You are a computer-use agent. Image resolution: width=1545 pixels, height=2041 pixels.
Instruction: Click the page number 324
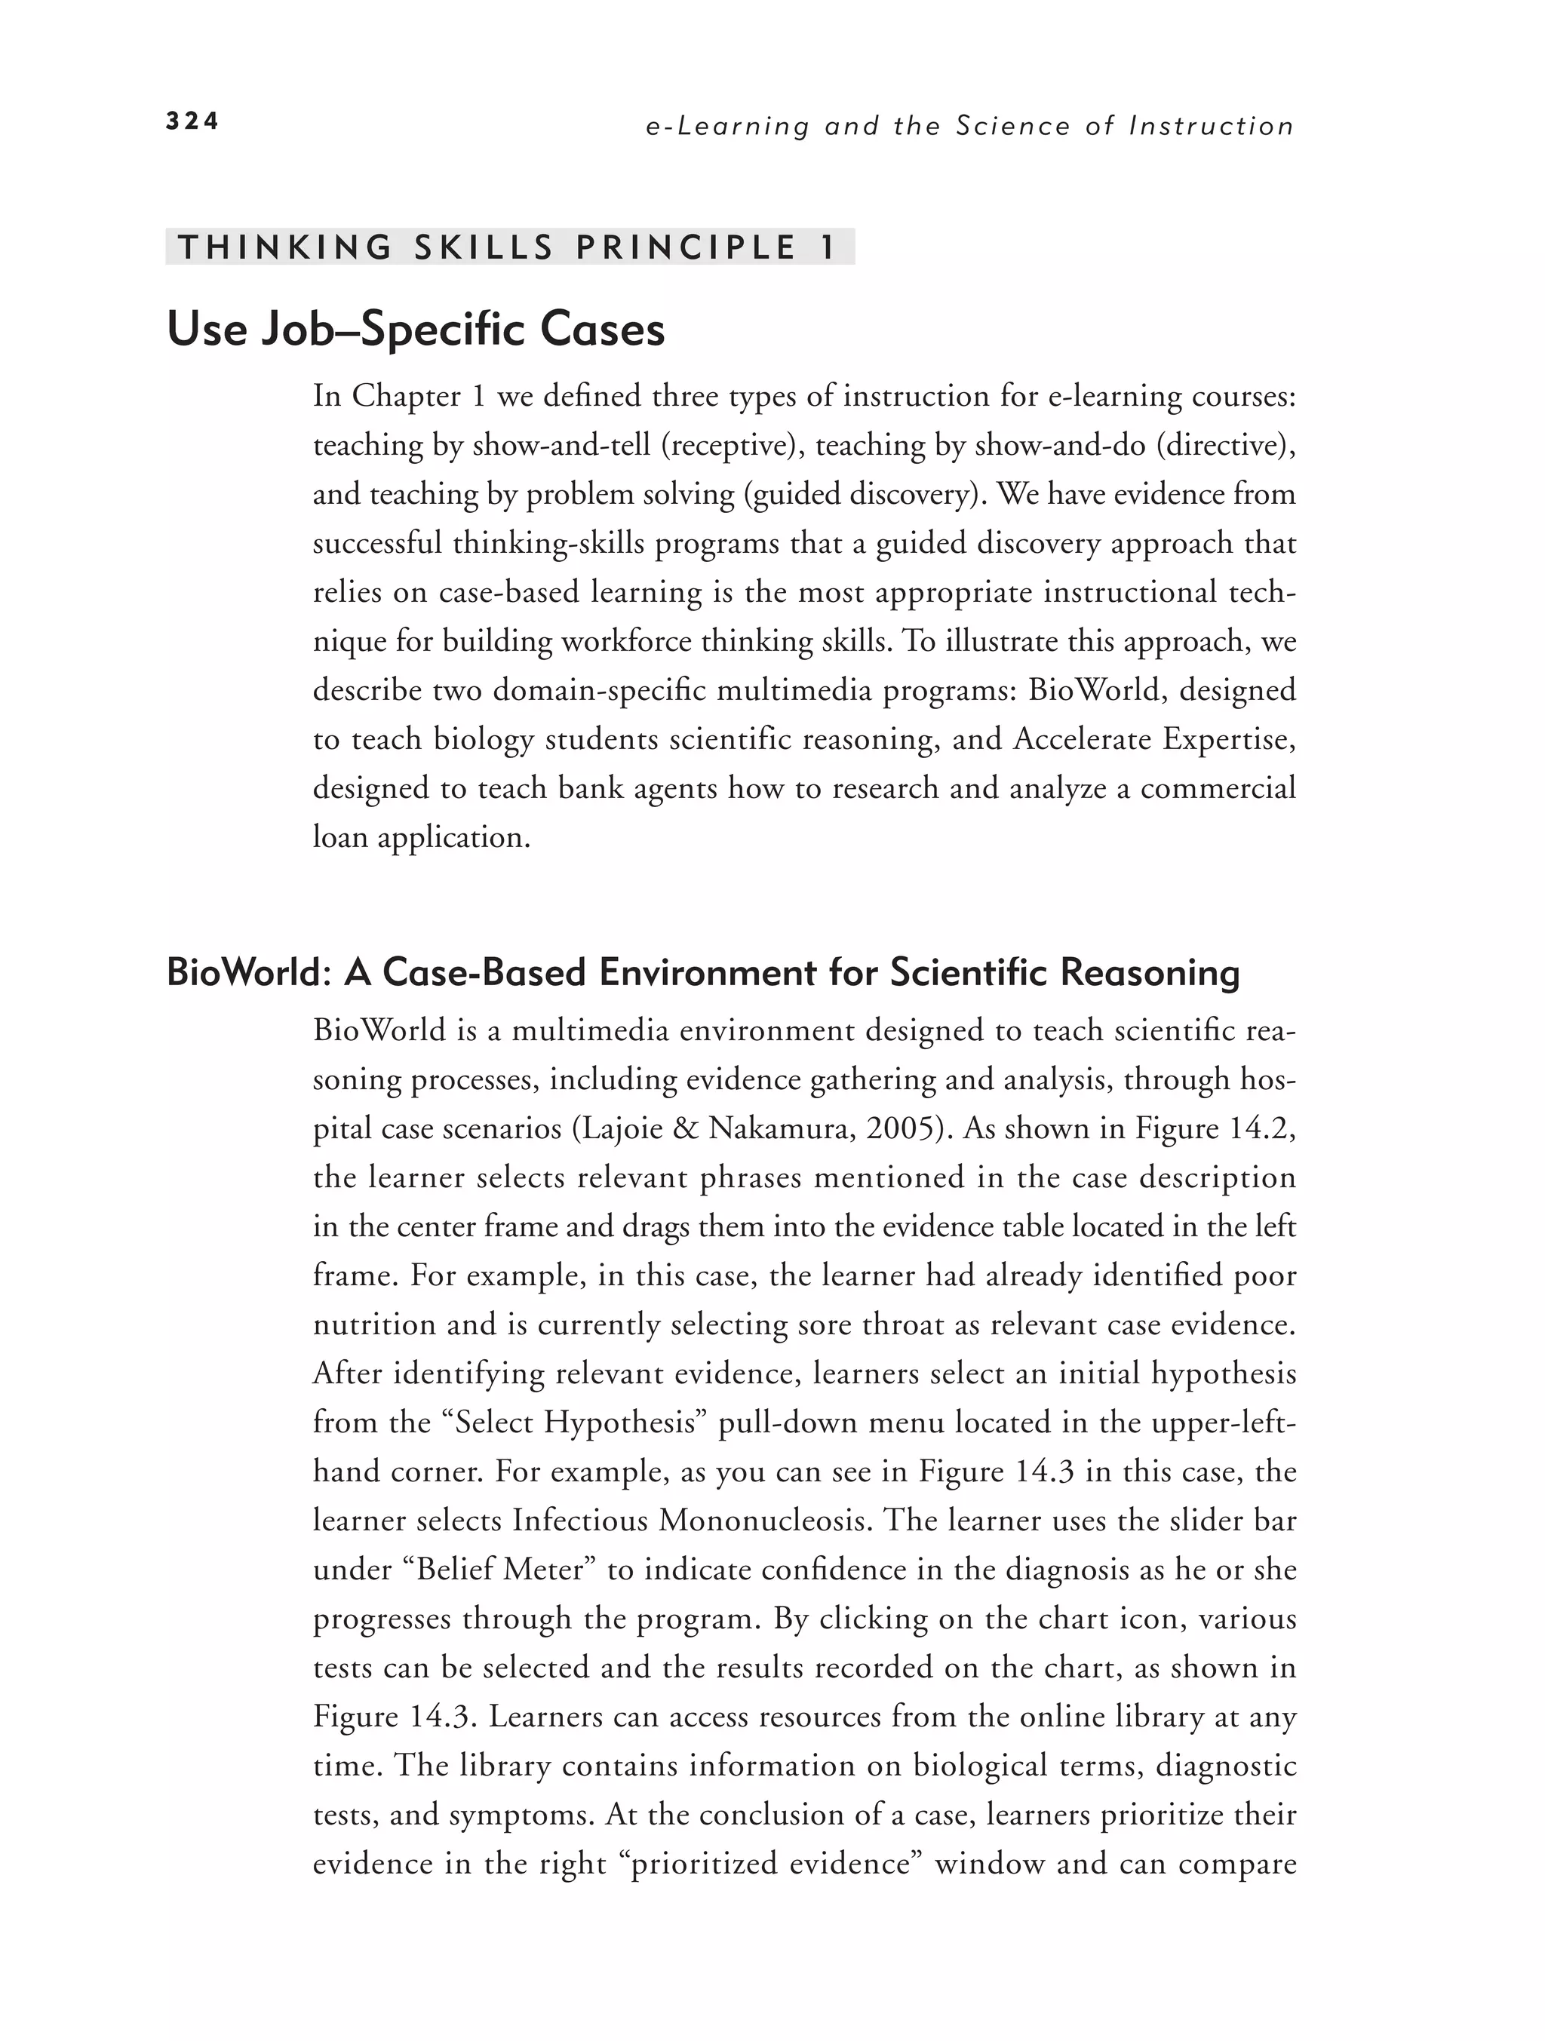point(192,121)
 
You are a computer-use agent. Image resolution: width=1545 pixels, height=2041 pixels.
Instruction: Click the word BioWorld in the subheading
point(242,972)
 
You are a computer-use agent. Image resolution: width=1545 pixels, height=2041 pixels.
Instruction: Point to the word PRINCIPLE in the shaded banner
point(686,247)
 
